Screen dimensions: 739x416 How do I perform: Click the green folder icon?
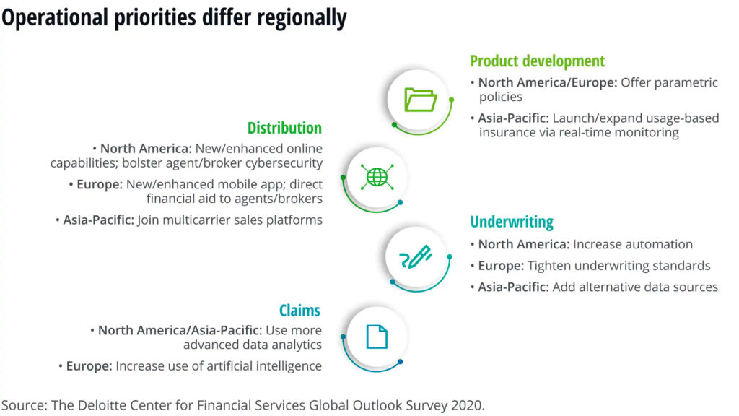(x=421, y=100)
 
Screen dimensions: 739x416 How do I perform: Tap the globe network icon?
(x=377, y=178)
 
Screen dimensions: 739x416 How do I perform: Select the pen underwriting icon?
(x=416, y=256)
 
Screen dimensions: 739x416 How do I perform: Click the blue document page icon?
(x=377, y=337)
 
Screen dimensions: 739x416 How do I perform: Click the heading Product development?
(x=537, y=61)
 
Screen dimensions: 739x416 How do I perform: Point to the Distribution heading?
(x=284, y=128)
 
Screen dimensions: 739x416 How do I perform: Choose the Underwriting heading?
(x=512, y=222)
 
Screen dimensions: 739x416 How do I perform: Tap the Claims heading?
(x=299, y=311)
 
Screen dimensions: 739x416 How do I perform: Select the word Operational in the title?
(x=55, y=18)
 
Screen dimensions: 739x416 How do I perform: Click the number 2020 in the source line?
(x=467, y=405)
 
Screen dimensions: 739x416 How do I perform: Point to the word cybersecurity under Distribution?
(x=284, y=163)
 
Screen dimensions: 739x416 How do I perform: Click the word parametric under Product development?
(x=687, y=82)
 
